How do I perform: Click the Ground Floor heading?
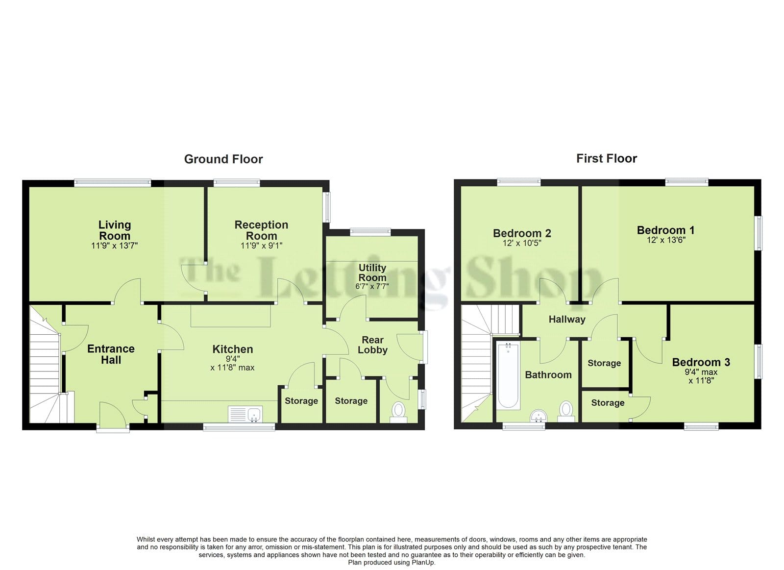(x=223, y=159)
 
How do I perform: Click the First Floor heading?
(x=607, y=159)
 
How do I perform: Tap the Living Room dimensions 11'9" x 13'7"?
(x=115, y=246)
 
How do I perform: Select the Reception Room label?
(x=262, y=230)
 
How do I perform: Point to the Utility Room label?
(x=372, y=273)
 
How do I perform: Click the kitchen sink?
(x=245, y=415)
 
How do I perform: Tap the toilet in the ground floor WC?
(x=398, y=413)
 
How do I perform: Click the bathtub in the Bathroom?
(x=508, y=376)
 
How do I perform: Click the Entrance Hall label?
(x=111, y=354)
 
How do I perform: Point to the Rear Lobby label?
(x=372, y=345)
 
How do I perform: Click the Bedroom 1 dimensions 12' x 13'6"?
(x=666, y=240)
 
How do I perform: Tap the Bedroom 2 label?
(x=522, y=233)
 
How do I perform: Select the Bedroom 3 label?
(x=701, y=362)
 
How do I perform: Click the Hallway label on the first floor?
(x=567, y=320)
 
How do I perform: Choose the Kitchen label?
(x=233, y=349)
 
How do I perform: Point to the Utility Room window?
(x=370, y=231)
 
